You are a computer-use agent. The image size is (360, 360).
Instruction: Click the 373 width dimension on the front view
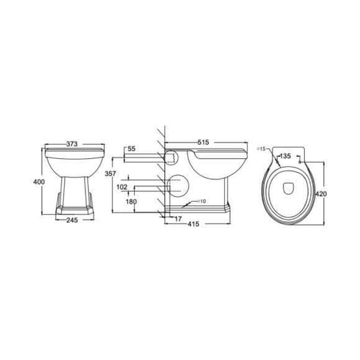(x=75, y=143)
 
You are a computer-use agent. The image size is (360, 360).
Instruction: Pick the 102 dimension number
(x=122, y=186)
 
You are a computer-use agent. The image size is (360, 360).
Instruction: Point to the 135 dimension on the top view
(x=285, y=156)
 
